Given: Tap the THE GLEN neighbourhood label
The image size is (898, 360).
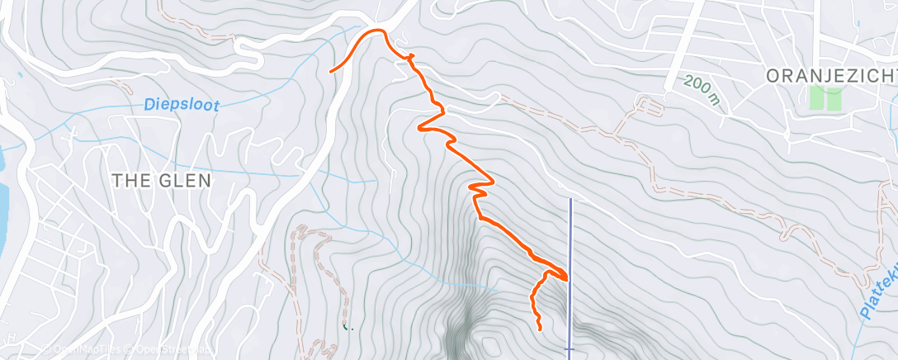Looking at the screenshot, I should (162, 180).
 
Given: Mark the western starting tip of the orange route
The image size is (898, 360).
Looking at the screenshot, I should (331, 72).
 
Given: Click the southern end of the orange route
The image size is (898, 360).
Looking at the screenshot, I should (540, 329).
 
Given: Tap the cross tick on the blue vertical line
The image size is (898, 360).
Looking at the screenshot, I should (570, 350).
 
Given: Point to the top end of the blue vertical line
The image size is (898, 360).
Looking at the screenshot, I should (570, 199).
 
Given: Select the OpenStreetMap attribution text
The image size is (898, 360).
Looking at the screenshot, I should (170, 350).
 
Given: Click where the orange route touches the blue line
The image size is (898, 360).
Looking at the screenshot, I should (568, 279).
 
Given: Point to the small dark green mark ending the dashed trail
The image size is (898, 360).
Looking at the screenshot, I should (347, 327).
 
